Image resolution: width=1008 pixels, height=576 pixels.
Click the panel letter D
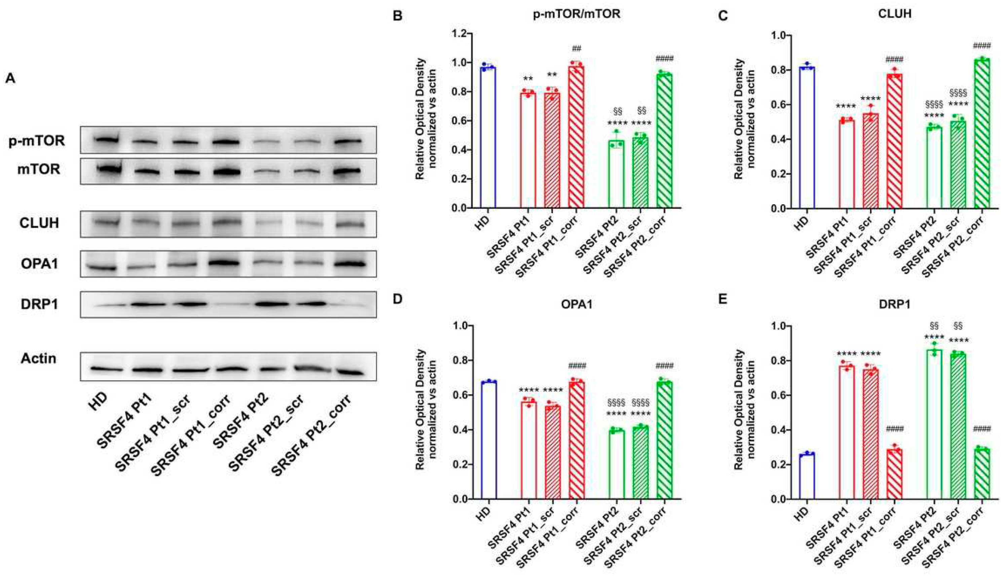click(x=398, y=299)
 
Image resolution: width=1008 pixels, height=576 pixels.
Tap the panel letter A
click(x=10, y=78)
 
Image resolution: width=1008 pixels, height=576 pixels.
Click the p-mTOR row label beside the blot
click(x=37, y=140)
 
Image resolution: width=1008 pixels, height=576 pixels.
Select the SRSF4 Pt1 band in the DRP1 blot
click(x=147, y=304)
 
